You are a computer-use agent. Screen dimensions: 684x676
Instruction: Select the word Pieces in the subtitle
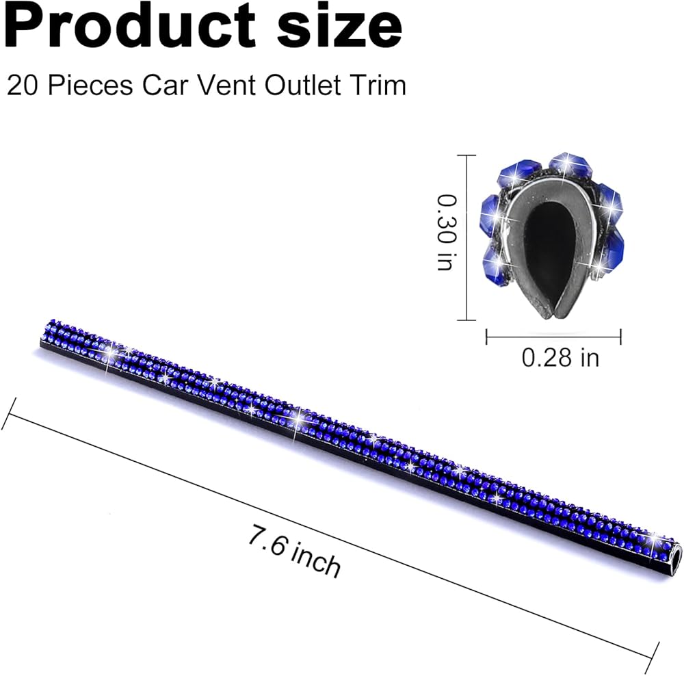coord(90,85)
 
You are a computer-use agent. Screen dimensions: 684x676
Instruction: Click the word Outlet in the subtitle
coord(303,85)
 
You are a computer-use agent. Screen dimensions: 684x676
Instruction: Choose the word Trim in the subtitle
coord(377,85)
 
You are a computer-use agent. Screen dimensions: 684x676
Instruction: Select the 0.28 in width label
coord(560,358)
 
